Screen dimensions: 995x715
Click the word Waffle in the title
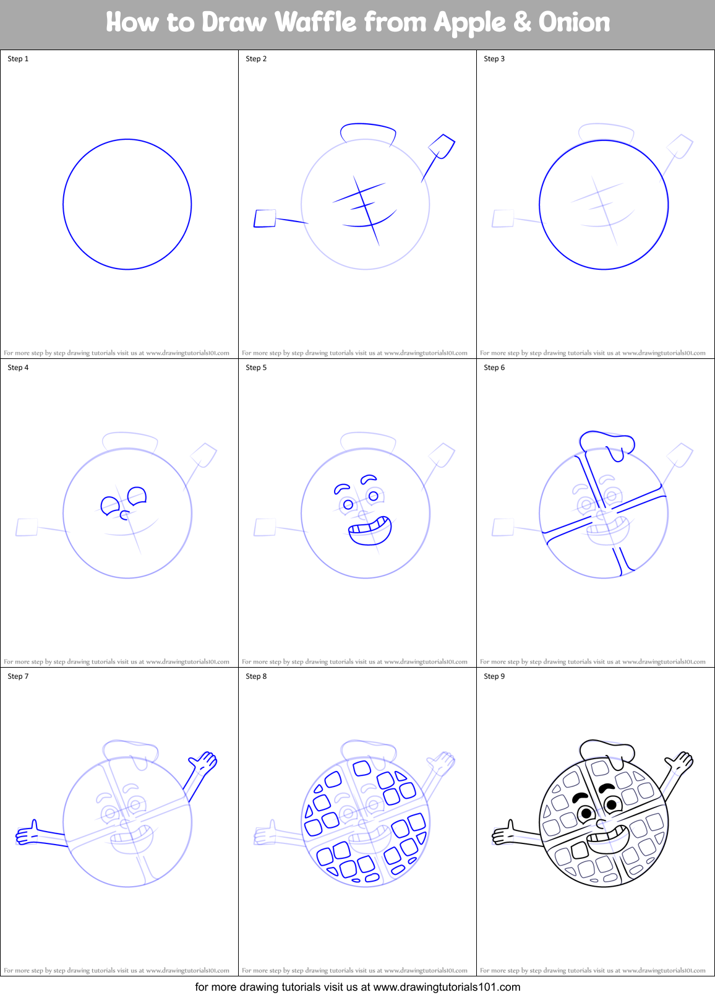click(315, 23)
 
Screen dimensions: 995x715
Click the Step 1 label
click(18, 59)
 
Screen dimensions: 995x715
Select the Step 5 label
click(256, 368)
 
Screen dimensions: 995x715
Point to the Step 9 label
click(494, 676)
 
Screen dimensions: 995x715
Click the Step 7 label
click(18, 676)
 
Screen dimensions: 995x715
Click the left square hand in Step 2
click(265, 218)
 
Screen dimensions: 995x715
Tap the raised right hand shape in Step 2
click(442, 146)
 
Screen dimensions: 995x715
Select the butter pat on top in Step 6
click(607, 442)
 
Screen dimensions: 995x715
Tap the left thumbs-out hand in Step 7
click(28, 835)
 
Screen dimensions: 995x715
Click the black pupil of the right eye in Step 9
click(612, 804)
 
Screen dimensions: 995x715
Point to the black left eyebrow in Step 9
click(580, 796)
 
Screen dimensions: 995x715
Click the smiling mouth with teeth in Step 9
click(608, 840)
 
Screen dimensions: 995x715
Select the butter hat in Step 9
click(607, 751)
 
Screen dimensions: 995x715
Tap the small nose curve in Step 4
click(124, 515)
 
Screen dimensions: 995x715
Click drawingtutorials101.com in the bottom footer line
click(447, 987)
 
